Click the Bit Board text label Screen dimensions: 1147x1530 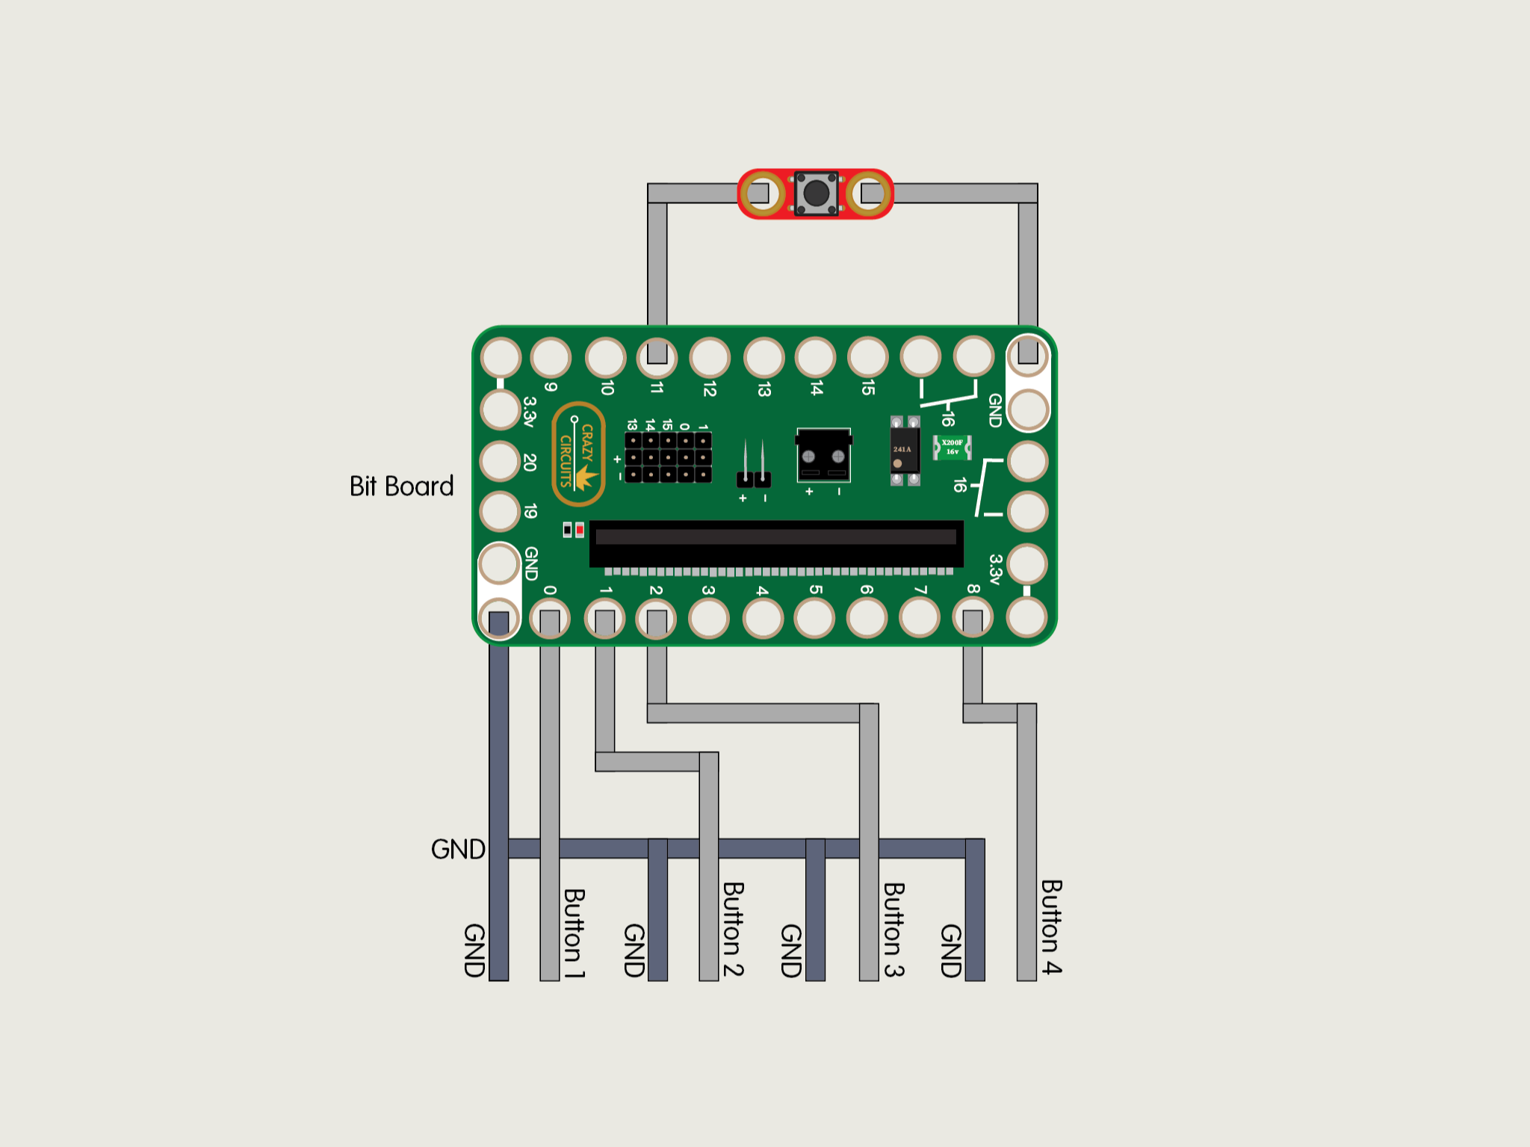[401, 486]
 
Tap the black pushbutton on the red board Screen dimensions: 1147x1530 [816, 194]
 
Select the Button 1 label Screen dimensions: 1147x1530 [574, 933]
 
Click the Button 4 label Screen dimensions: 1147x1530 [1051, 927]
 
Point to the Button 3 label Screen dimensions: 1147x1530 [893, 930]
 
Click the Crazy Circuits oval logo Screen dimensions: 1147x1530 [577, 454]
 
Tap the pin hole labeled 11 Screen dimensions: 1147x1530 [657, 356]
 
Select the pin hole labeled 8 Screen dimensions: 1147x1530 [973, 619]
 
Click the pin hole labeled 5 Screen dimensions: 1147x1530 [814, 619]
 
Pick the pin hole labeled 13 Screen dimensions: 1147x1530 [764, 356]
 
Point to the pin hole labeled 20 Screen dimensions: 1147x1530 [500, 461]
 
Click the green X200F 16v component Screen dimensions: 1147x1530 [952, 448]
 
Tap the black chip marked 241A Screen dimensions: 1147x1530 [905, 451]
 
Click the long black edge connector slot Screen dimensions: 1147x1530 [776, 543]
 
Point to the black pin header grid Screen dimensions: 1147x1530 [668, 457]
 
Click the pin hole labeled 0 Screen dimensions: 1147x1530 [550, 619]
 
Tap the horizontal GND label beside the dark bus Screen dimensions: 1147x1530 [458, 850]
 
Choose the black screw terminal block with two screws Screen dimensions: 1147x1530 [823, 455]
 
